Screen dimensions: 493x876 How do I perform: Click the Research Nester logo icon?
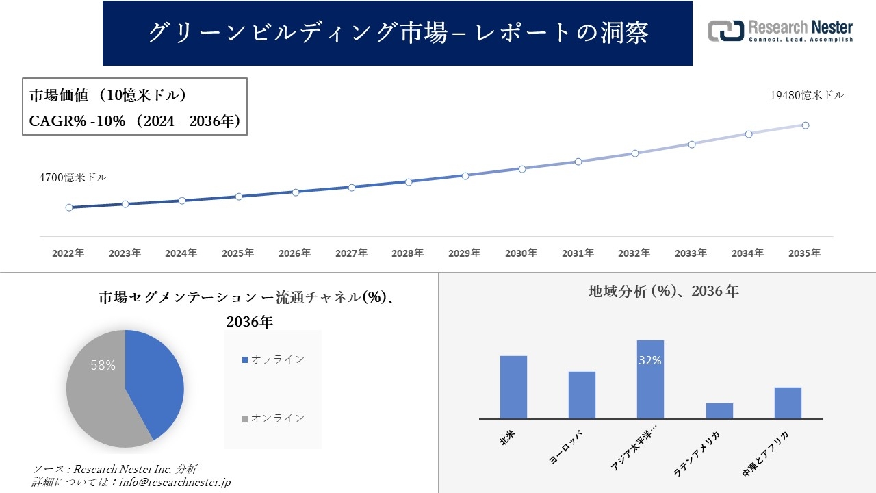[725, 31]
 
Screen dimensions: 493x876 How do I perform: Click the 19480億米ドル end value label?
[807, 96]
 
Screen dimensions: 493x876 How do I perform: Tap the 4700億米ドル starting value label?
[73, 177]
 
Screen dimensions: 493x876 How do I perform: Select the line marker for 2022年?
[69, 207]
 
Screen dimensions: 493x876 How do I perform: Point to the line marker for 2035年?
[806, 125]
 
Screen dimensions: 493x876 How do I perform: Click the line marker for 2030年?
[522, 168]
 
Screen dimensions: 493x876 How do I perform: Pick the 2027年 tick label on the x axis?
[351, 253]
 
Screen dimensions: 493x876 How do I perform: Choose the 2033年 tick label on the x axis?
[691, 253]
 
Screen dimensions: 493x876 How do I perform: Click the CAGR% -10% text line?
[134, 121]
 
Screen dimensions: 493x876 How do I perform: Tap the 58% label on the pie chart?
[103, 366]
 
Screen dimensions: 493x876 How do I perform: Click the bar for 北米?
[513, 387]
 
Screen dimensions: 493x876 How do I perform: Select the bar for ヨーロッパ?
[582, 395]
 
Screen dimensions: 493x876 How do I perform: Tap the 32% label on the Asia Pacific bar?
[649, 360]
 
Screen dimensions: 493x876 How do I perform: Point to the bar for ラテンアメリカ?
[719, 411]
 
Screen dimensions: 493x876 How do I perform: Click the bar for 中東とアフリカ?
[788, 403]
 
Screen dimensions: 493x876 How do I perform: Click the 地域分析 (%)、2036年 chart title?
[663, 291]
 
